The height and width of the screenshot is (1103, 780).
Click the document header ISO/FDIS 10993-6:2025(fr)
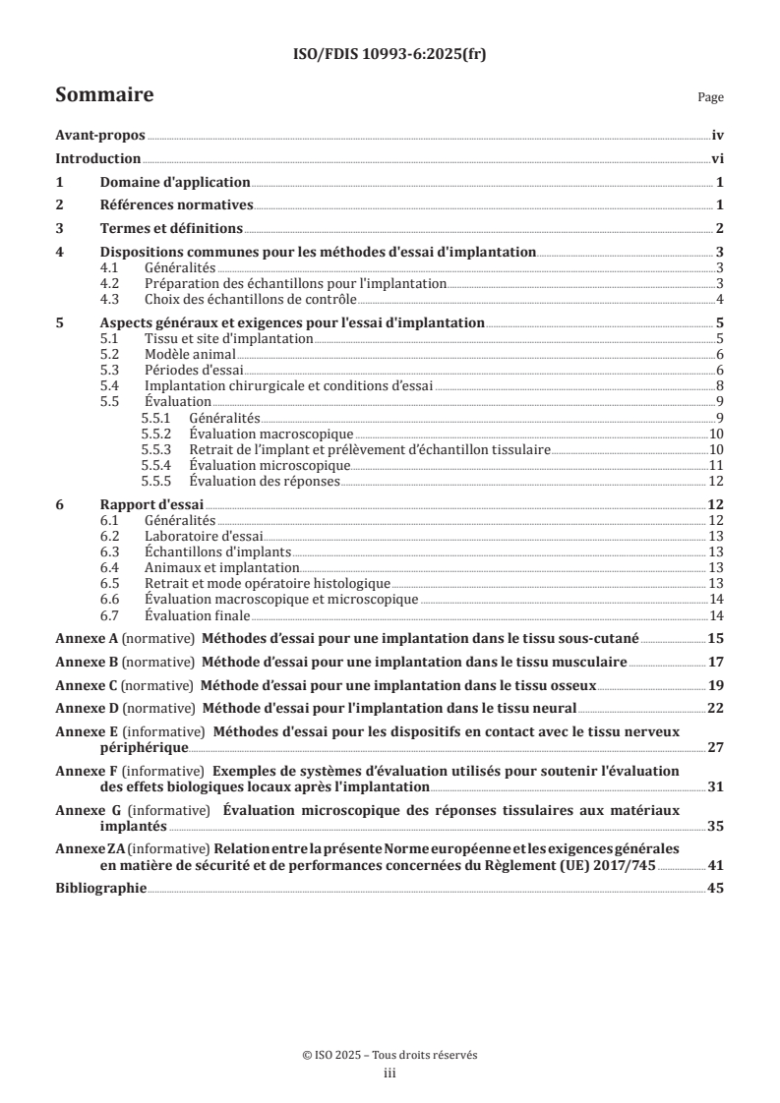point(390,55)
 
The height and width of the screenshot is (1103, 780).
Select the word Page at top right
point(710,97)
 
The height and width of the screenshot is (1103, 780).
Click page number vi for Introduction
point(718,159)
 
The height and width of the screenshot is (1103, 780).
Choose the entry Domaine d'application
point(175,183)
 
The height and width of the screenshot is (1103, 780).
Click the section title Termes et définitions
point(171,228)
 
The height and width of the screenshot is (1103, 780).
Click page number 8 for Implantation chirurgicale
point(721,386)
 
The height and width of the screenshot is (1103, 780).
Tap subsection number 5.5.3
point(156,449)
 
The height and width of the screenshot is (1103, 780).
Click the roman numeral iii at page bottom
point(390,1074)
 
